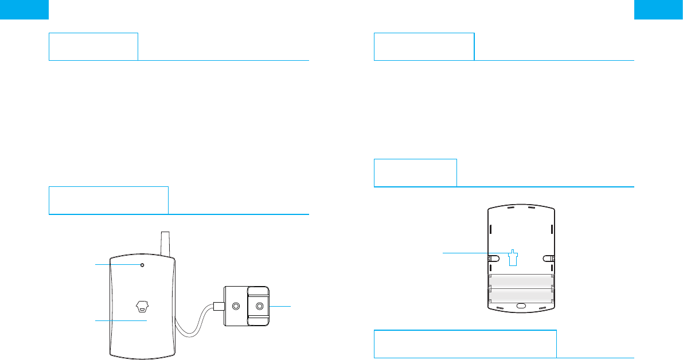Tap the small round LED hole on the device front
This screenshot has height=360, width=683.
142,265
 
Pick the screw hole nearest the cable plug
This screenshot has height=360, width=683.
235,306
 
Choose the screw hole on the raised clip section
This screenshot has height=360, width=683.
259,306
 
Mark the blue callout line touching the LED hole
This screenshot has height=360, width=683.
118,264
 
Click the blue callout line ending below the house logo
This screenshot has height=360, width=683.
120,321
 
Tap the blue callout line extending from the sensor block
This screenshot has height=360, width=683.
280,307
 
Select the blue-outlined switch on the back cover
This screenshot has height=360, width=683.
513,257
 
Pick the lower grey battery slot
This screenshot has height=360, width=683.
520,295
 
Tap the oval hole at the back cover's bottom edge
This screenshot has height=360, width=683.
521,306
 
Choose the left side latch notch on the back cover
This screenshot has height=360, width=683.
492,258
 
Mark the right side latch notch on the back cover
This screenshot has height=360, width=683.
548,258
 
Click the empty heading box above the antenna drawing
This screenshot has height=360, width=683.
109,199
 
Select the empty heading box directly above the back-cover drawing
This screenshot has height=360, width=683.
415,173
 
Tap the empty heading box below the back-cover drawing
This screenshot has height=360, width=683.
465,343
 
